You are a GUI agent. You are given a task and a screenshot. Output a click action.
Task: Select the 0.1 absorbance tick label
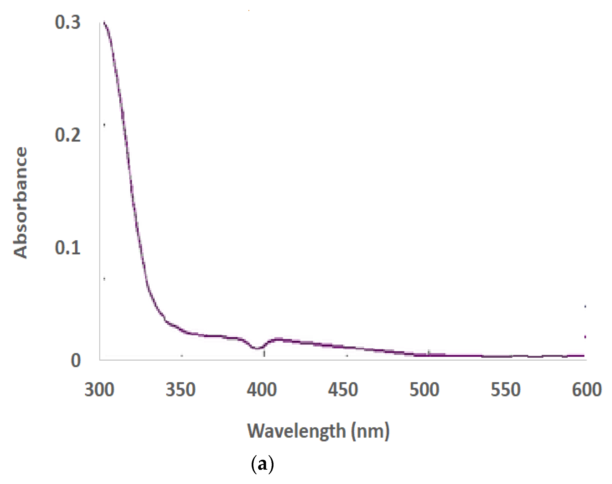[68, 248]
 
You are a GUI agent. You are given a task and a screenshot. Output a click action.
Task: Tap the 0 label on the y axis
[75, 361]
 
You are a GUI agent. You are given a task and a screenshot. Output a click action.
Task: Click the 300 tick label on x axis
[99, 390]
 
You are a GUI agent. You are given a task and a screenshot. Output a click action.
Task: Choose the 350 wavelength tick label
[180, 390]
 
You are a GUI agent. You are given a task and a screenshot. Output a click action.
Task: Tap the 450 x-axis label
[343, 390]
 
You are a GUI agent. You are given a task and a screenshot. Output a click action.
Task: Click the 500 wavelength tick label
[424, 390]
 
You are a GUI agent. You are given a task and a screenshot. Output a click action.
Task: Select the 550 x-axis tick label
[506, 390]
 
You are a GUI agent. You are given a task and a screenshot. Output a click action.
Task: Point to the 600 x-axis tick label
[586, 390]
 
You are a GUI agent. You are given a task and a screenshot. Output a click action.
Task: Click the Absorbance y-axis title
[20, 202]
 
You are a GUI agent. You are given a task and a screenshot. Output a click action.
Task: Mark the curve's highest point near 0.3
[104, 22]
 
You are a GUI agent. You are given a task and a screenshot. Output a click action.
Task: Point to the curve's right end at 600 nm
[584, 355]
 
